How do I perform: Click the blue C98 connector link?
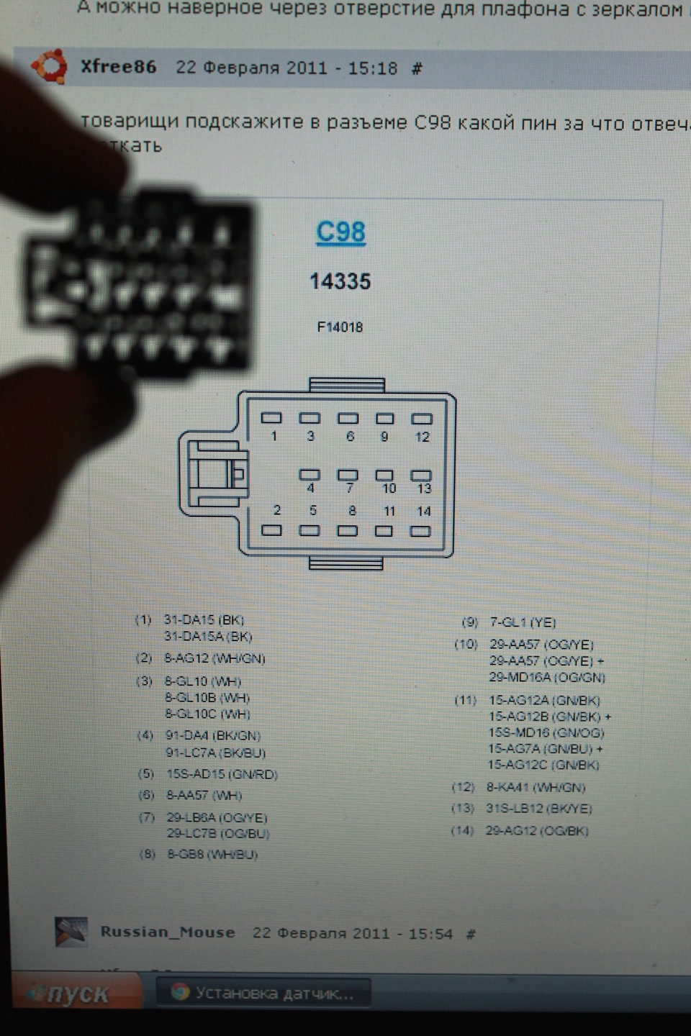tap(341, 232)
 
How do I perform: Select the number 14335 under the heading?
tap(340, 281)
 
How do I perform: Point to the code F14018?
tap(340, 327)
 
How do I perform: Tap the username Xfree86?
tap(118, 67)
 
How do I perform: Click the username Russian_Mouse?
tap(168, 932)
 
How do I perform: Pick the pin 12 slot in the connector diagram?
tap(422, 418)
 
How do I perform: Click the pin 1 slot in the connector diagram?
tap(271, 417)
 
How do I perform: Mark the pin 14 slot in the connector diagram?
tap(420, 532)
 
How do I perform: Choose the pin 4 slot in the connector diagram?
tap(310, 475)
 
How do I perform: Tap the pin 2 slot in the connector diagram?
tap(271, 531)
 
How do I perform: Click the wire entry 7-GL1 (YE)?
tap(523, 622)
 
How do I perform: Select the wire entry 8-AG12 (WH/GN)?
tap(214, 658)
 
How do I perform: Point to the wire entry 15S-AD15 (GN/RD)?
tap(222, 774)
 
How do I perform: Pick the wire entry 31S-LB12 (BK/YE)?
tap(538, 809)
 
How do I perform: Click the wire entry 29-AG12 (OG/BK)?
tap(537, 831)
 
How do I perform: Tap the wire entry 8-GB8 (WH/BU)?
tap(212, 855)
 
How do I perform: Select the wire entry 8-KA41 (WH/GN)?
tap(536, 787)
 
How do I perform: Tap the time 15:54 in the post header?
tap(430, 934)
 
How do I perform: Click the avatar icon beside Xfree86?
tap(49, 67)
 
